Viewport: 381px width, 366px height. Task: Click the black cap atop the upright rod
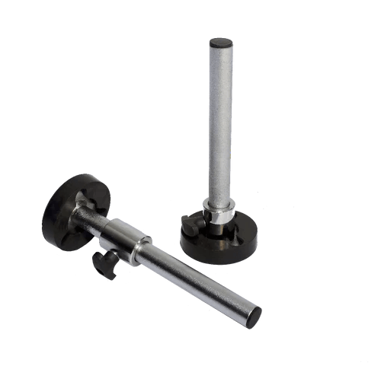221,43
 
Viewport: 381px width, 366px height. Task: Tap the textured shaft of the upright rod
220,122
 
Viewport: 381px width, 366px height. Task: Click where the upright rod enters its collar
219,202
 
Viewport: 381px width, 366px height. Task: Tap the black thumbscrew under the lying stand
102,263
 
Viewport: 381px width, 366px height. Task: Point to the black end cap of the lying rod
255,317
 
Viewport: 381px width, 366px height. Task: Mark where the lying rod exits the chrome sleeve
146,251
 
